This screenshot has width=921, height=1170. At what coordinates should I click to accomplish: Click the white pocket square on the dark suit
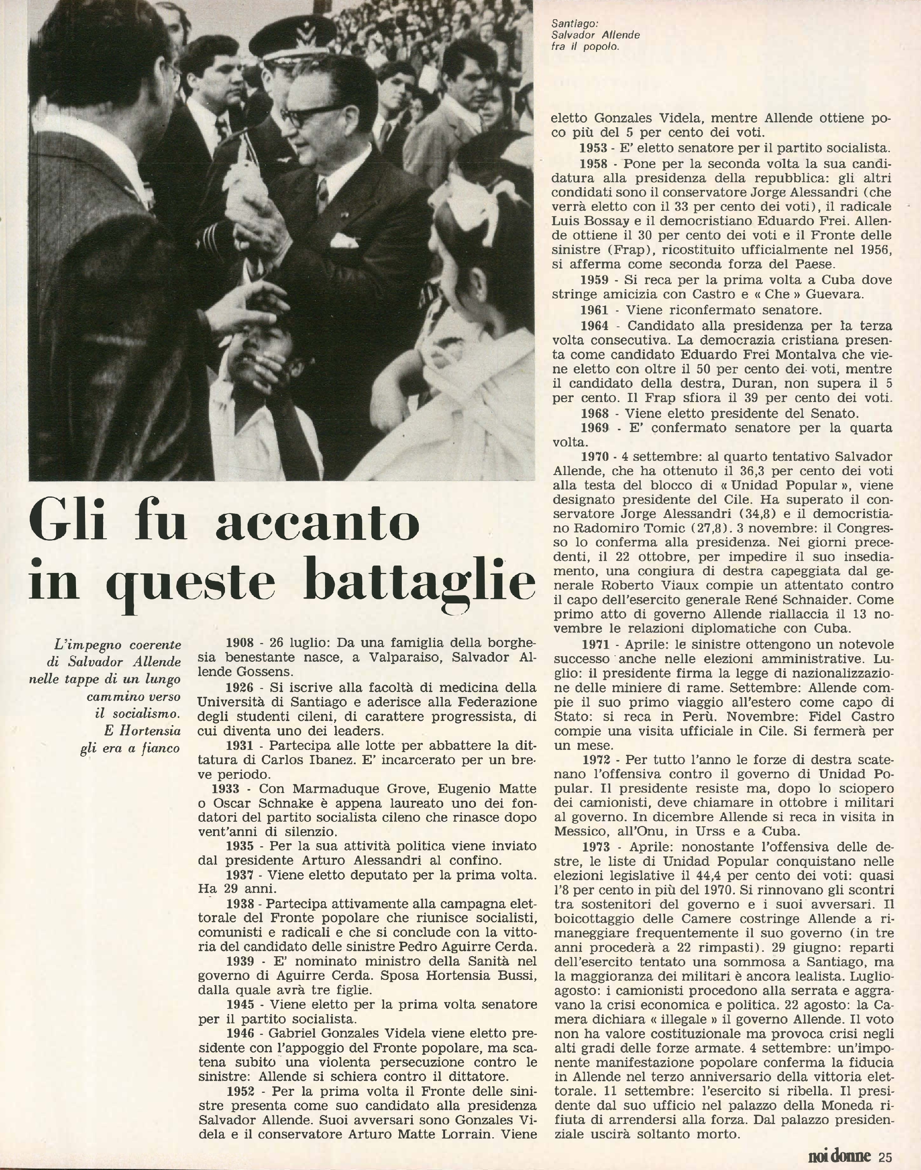343,239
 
